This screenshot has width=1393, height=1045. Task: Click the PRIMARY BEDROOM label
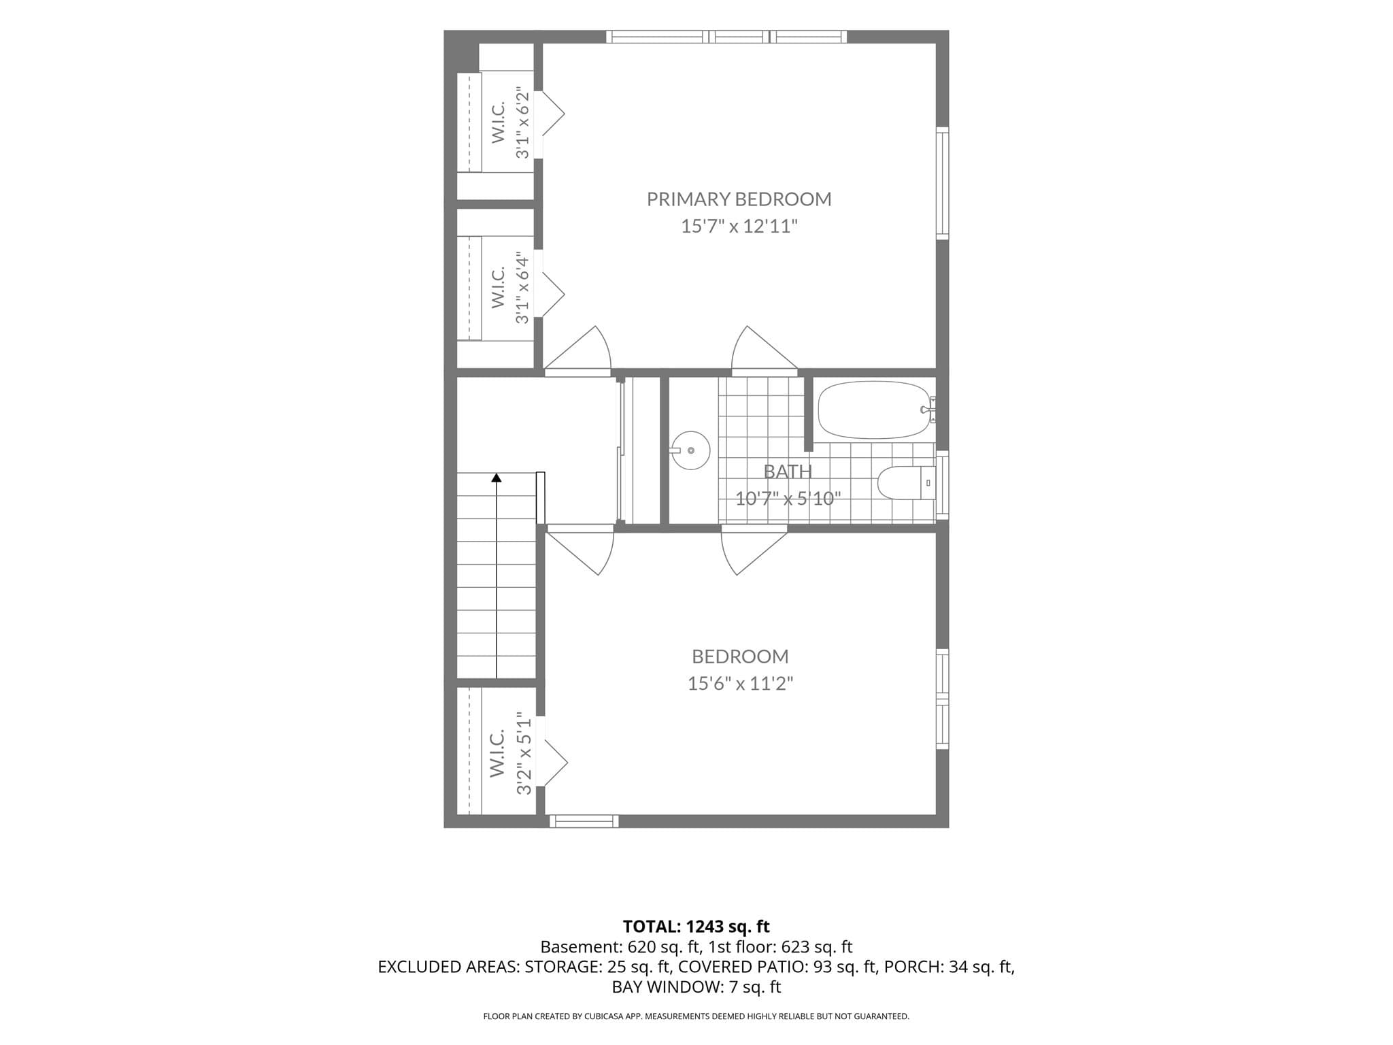coord(739,199)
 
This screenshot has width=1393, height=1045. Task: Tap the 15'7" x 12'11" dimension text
coord(739,227)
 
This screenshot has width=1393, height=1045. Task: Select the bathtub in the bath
coord(874,410)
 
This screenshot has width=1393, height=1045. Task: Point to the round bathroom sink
coord(690,450)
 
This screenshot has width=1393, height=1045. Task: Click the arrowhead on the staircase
coord(497,478)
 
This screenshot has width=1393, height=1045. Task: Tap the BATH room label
coord(788,471)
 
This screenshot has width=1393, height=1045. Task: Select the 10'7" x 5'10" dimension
coord(788,499)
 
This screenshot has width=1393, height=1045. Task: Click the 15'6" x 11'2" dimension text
coord(740,683)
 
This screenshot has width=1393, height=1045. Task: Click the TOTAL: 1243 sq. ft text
coord(696,927)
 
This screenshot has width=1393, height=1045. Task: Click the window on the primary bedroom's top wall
coord(726,37)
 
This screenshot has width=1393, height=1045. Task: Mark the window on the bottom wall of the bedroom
coord(584,821)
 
